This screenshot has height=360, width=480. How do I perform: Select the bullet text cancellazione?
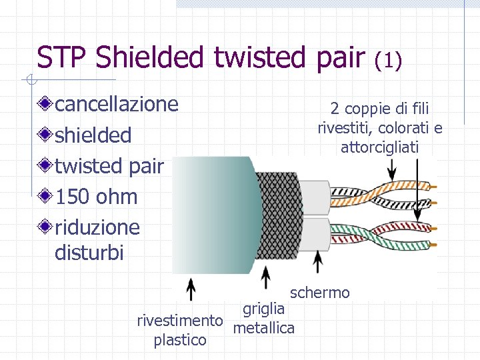tap(117, 104)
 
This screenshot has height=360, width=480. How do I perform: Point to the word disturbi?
tap(89, 253)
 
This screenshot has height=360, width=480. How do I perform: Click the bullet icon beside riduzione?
tap(45, 227)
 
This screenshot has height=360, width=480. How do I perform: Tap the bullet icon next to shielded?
tap(45, 135)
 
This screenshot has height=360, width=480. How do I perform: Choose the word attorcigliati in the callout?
tap(379, 147)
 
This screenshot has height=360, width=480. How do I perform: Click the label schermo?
tap(319, 293)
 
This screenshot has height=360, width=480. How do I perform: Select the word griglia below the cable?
tap(264, 309)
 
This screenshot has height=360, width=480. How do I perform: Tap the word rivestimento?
tap(179, 321)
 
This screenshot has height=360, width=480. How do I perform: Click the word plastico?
tap(180, 340)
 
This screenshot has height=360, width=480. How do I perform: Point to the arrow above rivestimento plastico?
tap(190, 291)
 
